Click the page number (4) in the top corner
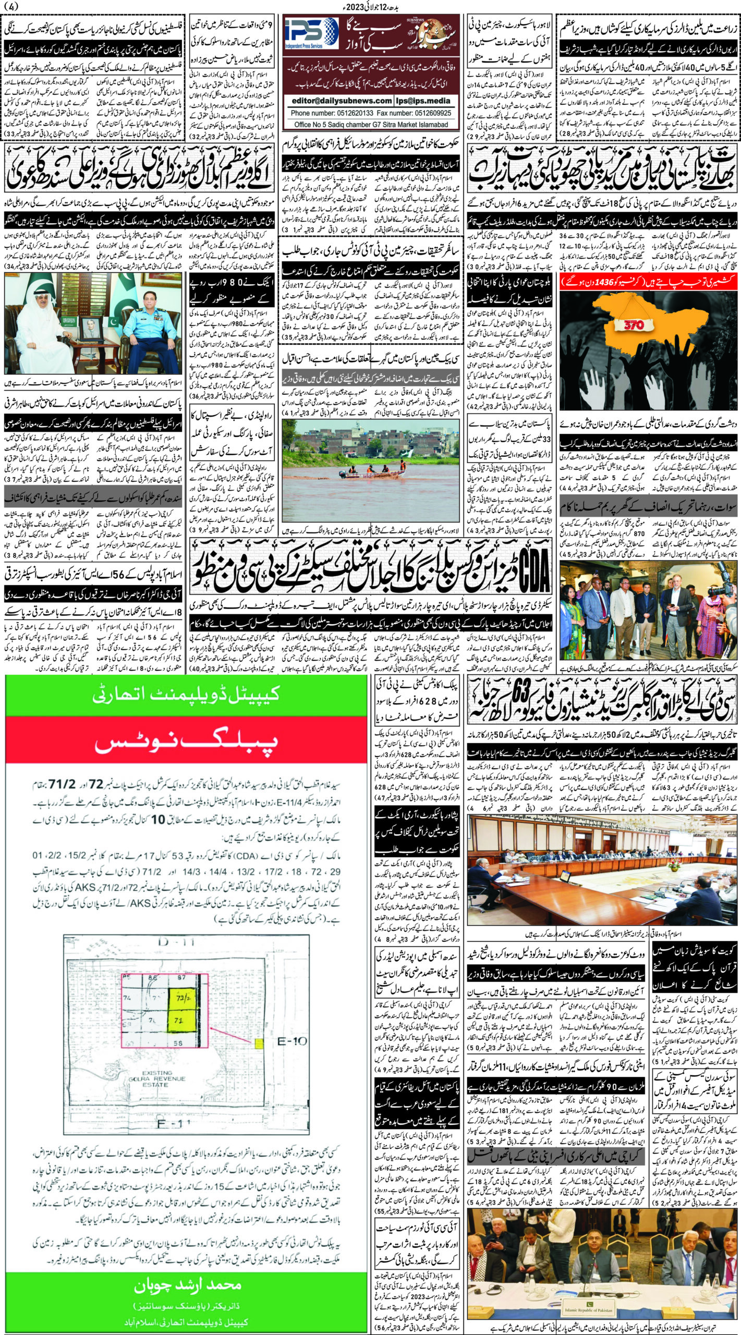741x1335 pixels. (x=9, y=8)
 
